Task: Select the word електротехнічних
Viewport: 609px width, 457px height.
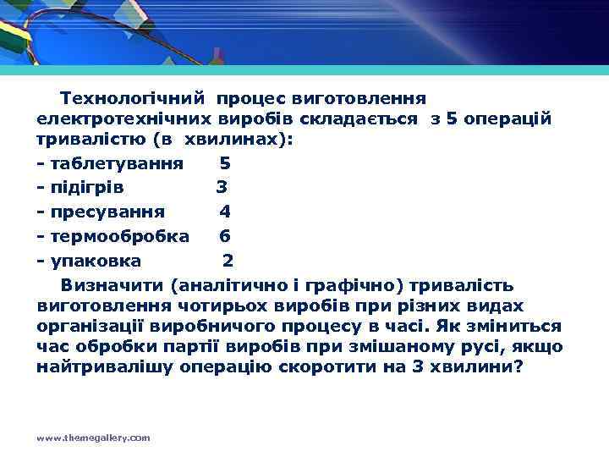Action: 124,118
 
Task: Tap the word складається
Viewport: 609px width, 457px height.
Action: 368,118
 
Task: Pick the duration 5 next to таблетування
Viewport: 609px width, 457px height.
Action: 225,162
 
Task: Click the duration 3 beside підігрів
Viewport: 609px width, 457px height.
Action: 222,186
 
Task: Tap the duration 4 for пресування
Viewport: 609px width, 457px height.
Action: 225,211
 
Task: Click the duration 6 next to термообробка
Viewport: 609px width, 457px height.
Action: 225,235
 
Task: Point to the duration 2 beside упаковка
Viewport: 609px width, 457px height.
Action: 228,260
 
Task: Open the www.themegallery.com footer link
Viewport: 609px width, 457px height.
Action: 94,438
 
